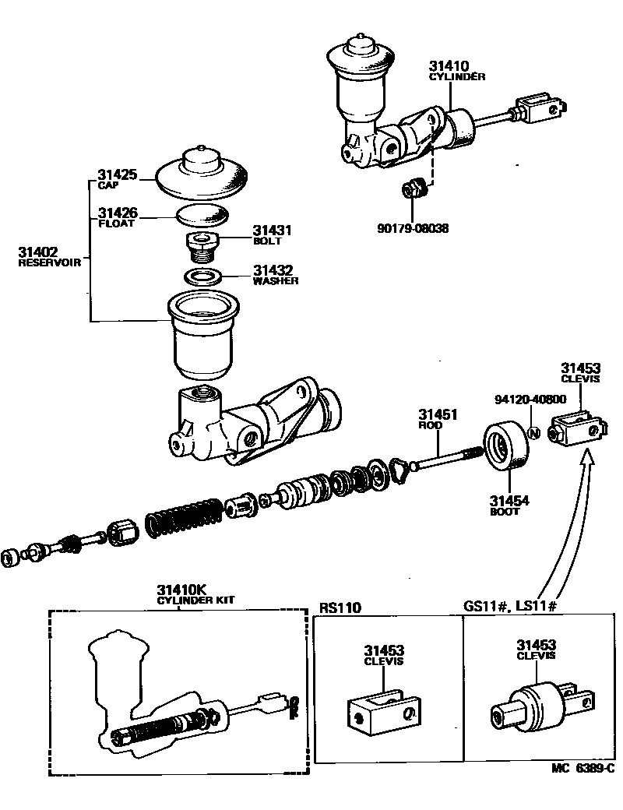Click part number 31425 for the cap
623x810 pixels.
(x=117, y=174)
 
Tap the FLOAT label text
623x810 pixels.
(x=116, y=224)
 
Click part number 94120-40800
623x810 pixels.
(x=530, y=399)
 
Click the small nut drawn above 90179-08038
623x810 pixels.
(x=414, y=189)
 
